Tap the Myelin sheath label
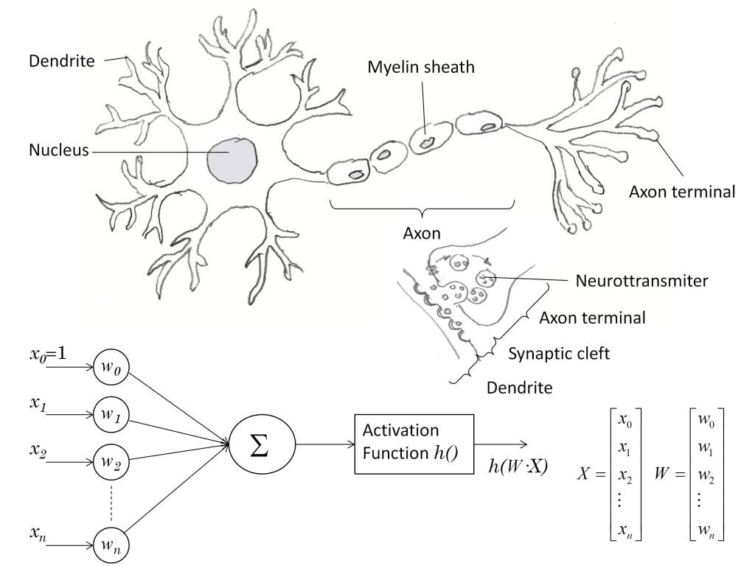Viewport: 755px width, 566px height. tap(421, 67)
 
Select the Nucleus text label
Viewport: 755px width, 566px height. tap(58, 151)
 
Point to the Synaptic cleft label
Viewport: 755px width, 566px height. tap(560, 354)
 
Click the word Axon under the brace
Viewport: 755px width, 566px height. tap(421, 234)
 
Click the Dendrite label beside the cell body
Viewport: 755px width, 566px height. tap(61, 60)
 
